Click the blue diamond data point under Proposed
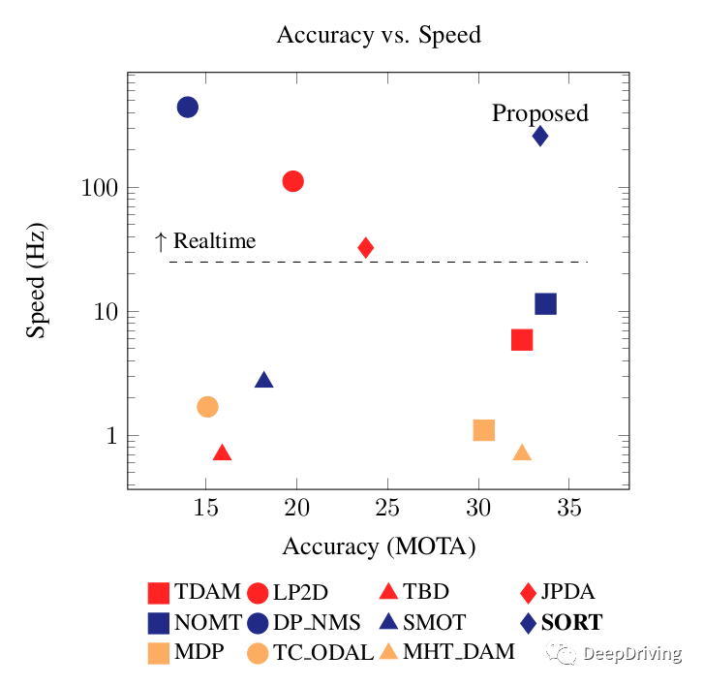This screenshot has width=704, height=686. click(540, 136)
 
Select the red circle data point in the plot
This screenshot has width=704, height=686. click(293, 181)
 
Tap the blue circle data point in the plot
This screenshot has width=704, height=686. click(188, 107)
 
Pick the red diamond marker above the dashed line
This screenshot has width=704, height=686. click(366, 247)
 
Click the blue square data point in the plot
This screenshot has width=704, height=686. click(546, 304)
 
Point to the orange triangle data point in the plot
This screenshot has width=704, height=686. click(522, 452)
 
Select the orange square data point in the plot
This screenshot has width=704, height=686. click(484, 429)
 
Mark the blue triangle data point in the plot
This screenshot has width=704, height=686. click(263, 379)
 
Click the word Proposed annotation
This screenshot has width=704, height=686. click(539, 113)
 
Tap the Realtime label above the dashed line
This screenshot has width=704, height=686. click(214, 240)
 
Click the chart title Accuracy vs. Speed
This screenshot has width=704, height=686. click(379, 35)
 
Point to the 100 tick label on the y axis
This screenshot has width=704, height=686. click(95, 188)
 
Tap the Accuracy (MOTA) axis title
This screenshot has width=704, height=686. click(379, 546)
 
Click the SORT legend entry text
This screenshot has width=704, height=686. click(571, 622)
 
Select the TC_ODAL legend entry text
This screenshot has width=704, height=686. click(323, 652)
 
